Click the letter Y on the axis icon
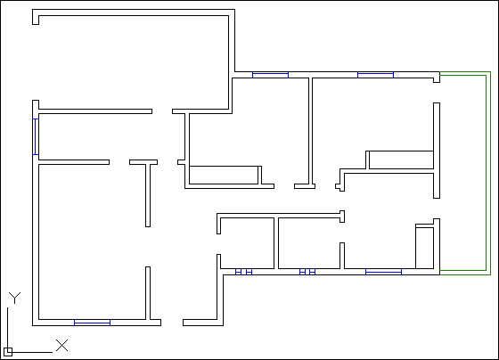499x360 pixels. click(14, 298)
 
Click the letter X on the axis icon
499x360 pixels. click(62, 346)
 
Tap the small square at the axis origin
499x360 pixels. click(8, 352)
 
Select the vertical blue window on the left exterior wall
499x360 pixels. click(36, 137)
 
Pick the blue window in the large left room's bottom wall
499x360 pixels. click(93, 323)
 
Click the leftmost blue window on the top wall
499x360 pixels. click(271, 75)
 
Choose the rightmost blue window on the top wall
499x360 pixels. click(375, 75)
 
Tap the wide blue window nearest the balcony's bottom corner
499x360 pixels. click(383, 272)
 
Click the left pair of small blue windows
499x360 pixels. click(244, 272)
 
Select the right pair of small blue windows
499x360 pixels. click(307, 272)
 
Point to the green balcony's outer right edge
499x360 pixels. click(490, 174)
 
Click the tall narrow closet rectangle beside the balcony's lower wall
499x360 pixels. click(424, 248)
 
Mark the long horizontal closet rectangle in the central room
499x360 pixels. click(224, 175)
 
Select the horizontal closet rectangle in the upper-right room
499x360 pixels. click(401, 160)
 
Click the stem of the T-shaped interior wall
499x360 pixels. click(148, 195)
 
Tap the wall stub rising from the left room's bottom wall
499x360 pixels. click(148, 293)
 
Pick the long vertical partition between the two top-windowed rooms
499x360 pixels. click(311, 131)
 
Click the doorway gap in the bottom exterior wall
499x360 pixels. click(172, 323)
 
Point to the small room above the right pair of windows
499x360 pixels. click(309, 243)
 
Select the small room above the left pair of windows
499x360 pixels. click(248, 243)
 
